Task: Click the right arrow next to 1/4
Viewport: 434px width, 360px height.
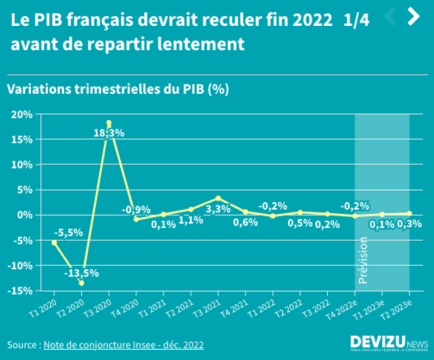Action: (412, 16)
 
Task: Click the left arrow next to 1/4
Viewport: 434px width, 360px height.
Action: (389, 16)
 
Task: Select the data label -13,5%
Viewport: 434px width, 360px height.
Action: (82, 272)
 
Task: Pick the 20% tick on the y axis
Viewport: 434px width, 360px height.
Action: (21, 114)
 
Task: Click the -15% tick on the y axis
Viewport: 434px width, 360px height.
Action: (20, 291)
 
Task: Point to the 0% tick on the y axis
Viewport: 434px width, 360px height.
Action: (24, 215)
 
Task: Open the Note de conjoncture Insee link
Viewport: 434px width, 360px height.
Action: (124, 344)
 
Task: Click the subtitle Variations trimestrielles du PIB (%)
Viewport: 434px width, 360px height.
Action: (118, 89)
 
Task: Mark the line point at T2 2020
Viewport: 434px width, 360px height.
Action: (82, 282)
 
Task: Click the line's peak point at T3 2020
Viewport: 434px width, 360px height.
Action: (108, 123)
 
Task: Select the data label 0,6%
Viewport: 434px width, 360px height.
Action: (245, 222)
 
